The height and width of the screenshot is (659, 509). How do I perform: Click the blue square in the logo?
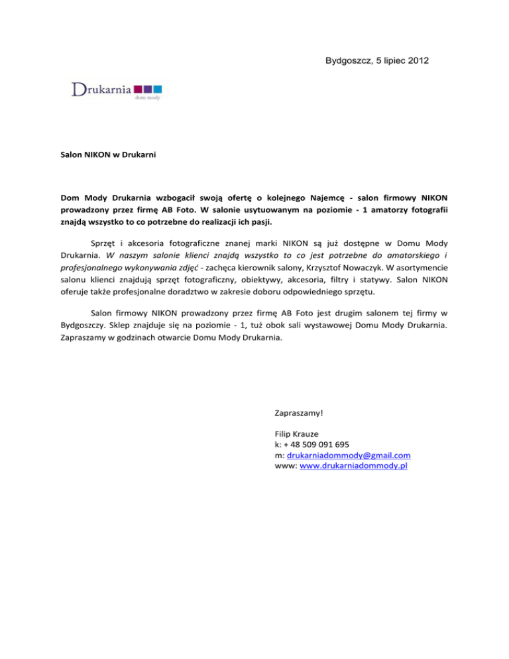pyautogui.click(x=158, y=88)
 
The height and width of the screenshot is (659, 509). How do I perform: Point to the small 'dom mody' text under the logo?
pyautogui.click(x=148, y=97)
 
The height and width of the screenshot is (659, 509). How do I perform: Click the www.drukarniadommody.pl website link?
pyautogui.click(x=353, y=466)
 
